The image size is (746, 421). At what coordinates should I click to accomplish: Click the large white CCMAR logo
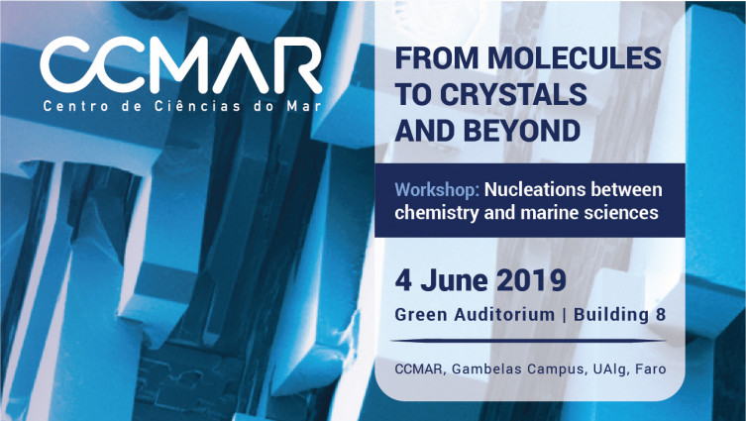pyautogui.click(x=180, y=64)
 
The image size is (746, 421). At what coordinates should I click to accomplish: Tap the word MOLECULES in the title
pyautogui.click(x=575, y=57)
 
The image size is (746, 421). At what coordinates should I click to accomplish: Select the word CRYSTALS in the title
pyautogui.click(x=513, y=94)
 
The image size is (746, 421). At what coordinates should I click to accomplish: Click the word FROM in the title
pyautogui.click(x=437, y=57)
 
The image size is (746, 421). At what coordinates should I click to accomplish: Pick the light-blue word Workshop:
pyautogui.click(x=437, y=190)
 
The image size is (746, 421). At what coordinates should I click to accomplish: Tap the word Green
pyautogui.click(x=421, y=315)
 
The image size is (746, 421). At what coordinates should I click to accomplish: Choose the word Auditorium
pyautogui.click(x=504, y=315)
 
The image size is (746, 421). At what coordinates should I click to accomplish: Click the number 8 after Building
pyautogui.click(x=661, y=315)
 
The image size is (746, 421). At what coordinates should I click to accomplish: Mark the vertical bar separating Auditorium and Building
pyautogui.click(x=565, y=315)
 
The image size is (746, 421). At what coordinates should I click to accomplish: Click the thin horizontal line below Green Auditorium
pyautogui.click(x=528, y=341)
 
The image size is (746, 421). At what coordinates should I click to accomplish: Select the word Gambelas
pyautogui.click(x=480, y=369)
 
